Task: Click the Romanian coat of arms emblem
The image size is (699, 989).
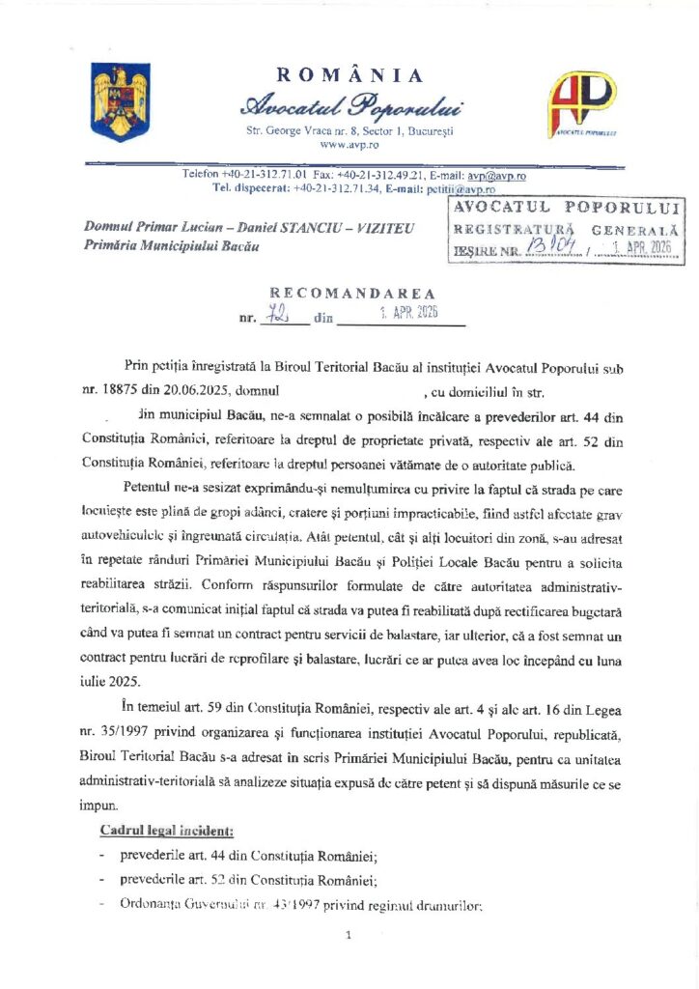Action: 115,99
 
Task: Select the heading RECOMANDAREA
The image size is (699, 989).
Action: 351,293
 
